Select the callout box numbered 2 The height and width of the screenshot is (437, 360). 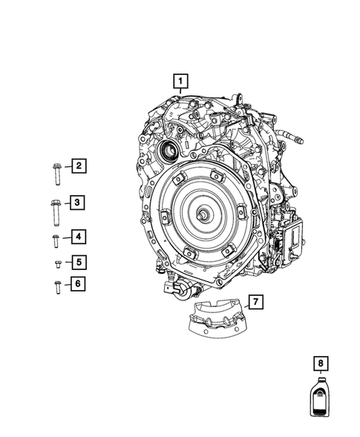click(x=77, y=166)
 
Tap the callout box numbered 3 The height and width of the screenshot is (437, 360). click(x=77, y=202)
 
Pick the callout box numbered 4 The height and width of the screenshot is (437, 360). click(x=77, y=237)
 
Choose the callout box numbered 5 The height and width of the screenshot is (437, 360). click(x=77, y=261)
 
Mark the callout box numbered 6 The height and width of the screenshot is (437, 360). click(x=77, y=284)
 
